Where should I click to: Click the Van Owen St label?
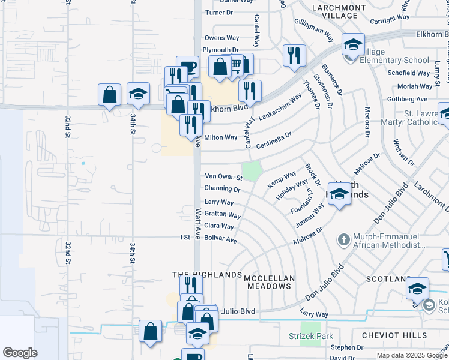(x=223, y=177)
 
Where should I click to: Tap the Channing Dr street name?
(x=222, y=189)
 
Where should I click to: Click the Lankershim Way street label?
(x=280, y=107)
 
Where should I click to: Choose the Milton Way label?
(x=221, y=137)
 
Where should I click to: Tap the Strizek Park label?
(x=310, y=336)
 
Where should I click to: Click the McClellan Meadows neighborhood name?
(x=270, y=281)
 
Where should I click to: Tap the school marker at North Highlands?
(x=339, y=194)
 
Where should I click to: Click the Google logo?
(x=20, y=353)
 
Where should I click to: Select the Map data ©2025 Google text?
(x=411, y=355)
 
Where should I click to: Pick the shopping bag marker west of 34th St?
(x=109, y=95)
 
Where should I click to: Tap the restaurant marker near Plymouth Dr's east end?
(x=294, y=56)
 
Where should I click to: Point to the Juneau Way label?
(x=310, y=214)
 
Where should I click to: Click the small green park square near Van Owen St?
(x=252, y=170)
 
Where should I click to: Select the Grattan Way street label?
(x=222, y=215)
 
